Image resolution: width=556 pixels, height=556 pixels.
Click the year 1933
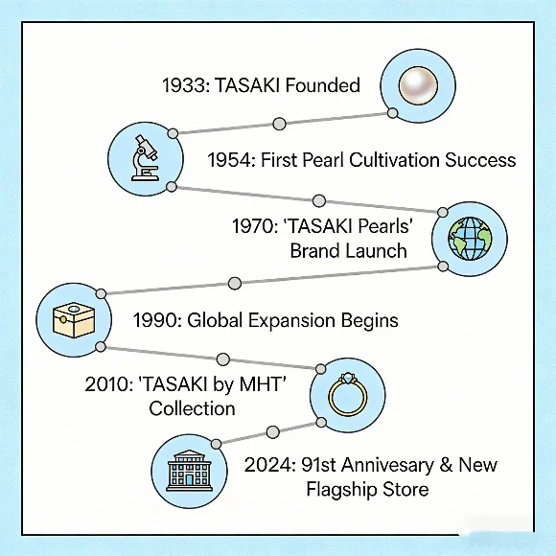[x=183, y=85]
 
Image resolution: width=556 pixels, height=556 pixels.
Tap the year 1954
[x=230, y=160]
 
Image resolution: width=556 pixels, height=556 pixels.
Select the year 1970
[x=254, y=228]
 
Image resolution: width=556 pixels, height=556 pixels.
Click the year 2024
[x=268, y=465]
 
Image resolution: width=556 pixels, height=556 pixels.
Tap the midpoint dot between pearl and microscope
[x=279, y=124]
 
